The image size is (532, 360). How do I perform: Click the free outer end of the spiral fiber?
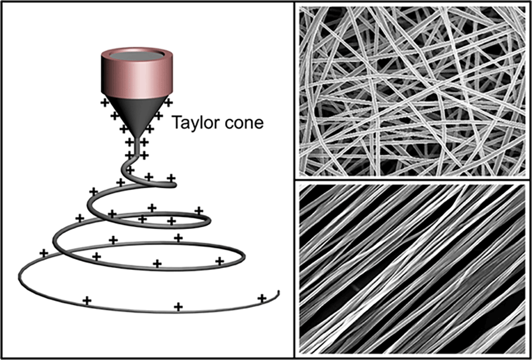[278, 293]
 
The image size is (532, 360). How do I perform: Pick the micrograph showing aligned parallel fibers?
[412, 269]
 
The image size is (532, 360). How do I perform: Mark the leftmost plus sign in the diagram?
[43, 253]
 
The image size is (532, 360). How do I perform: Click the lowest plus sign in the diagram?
[178, 307]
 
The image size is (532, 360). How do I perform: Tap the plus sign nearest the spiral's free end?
[261, 299]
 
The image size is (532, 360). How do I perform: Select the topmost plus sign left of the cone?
[104, 103]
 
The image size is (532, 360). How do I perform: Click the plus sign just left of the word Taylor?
[159, 116]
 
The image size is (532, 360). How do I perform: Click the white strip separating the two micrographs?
[412, 179]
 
